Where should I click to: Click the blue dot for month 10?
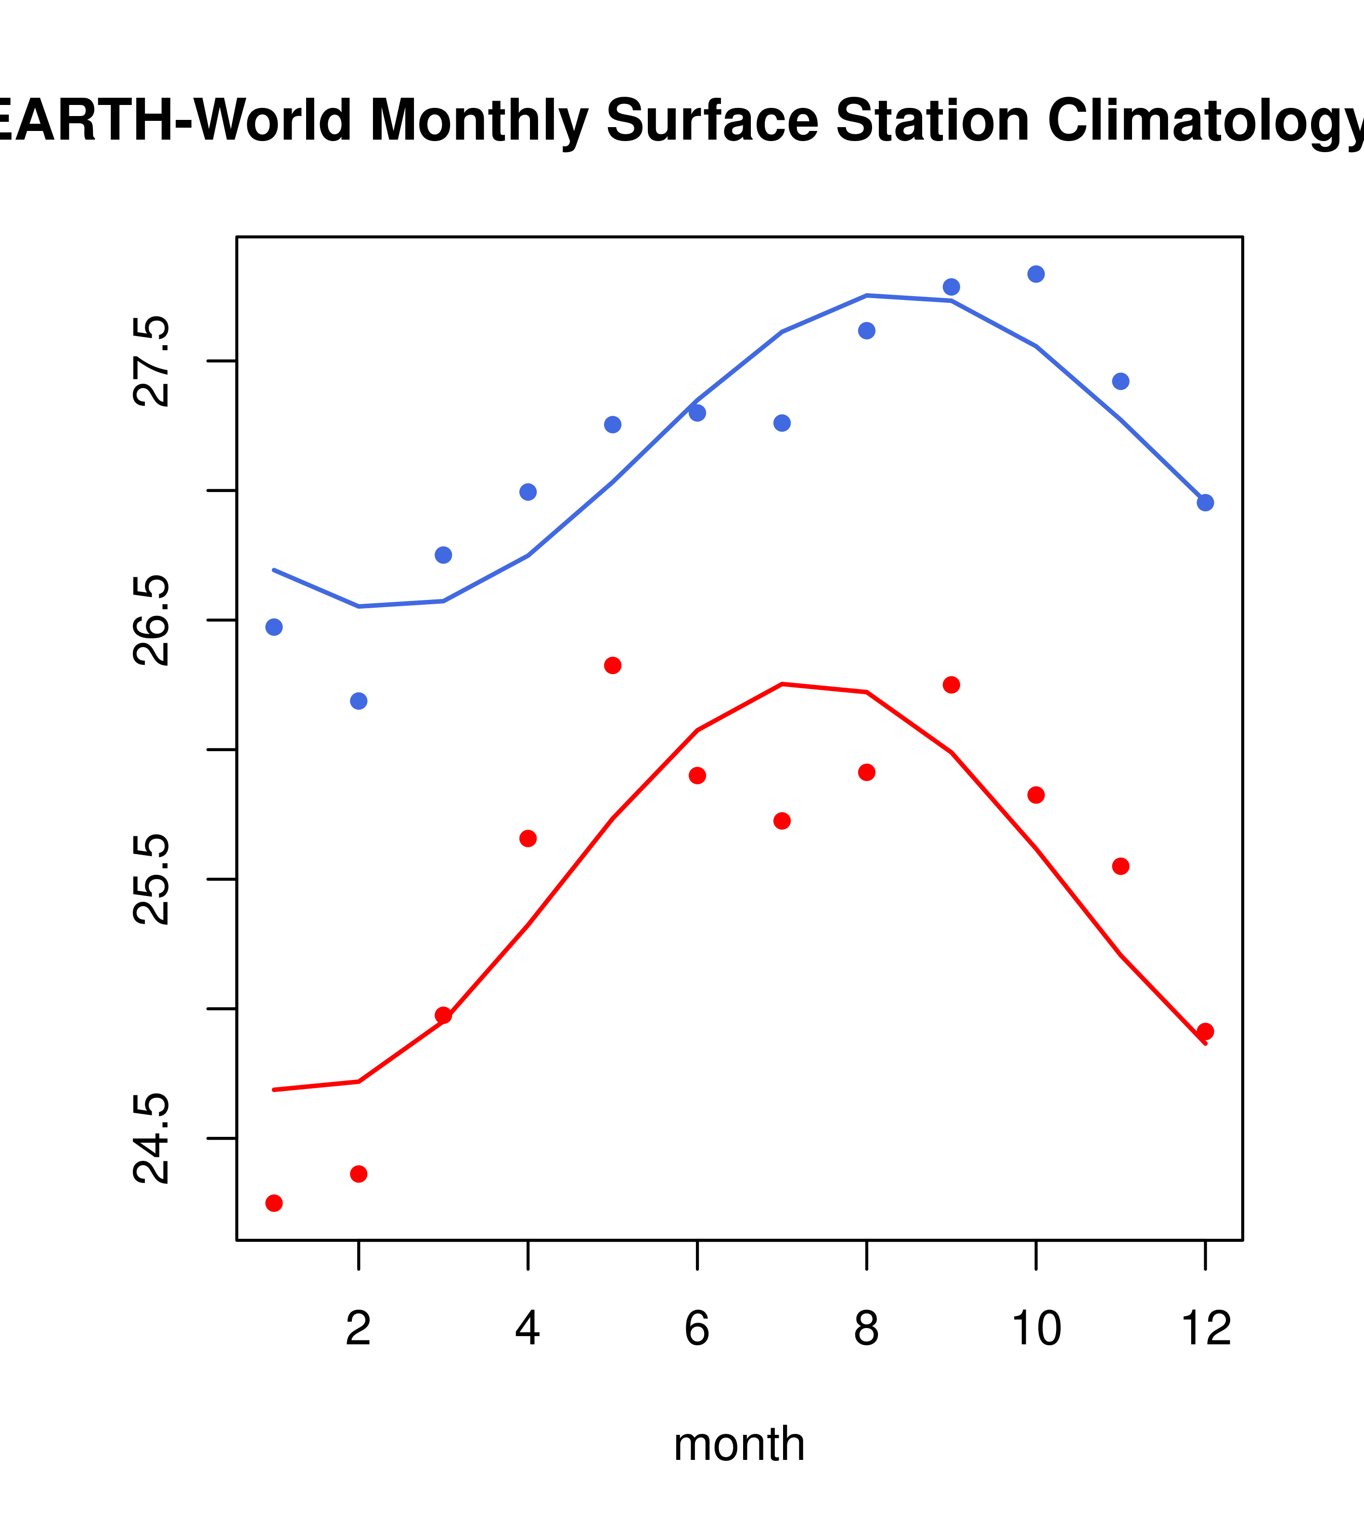[x=1036, y=274]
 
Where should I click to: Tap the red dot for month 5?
[x=613, y=665]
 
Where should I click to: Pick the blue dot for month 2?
[x=359, y=701]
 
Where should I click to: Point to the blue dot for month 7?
[x=782, y=423]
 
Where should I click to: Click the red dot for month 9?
[x=951, y=685]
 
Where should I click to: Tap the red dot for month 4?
[x=528, y=838]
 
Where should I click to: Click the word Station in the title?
[x=932, y=120]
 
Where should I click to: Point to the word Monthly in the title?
[x=478, y=120]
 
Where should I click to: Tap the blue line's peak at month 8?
[x=867, y=295]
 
